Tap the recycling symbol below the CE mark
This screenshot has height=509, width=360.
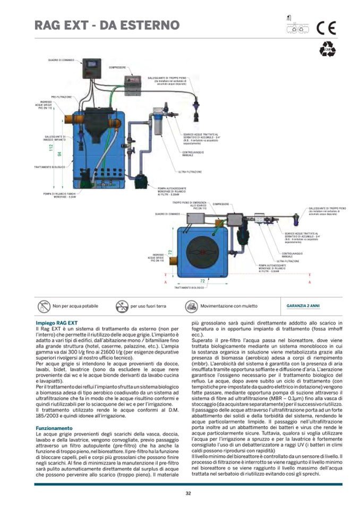click(x=327, y=50)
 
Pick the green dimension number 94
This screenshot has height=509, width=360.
click(x=59, y=154)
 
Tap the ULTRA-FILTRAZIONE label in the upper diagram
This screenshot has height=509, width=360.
click(x=190, y=172)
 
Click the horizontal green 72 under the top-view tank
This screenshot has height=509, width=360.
click(x=202, y=279)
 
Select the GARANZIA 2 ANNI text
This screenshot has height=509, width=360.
click(x=303, y=306)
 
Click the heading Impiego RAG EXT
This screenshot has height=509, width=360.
click(x=56, y=323)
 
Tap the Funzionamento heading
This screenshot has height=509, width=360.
click(x=54, y=428)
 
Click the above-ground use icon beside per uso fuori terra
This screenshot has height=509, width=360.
click(x=122, y=306)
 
